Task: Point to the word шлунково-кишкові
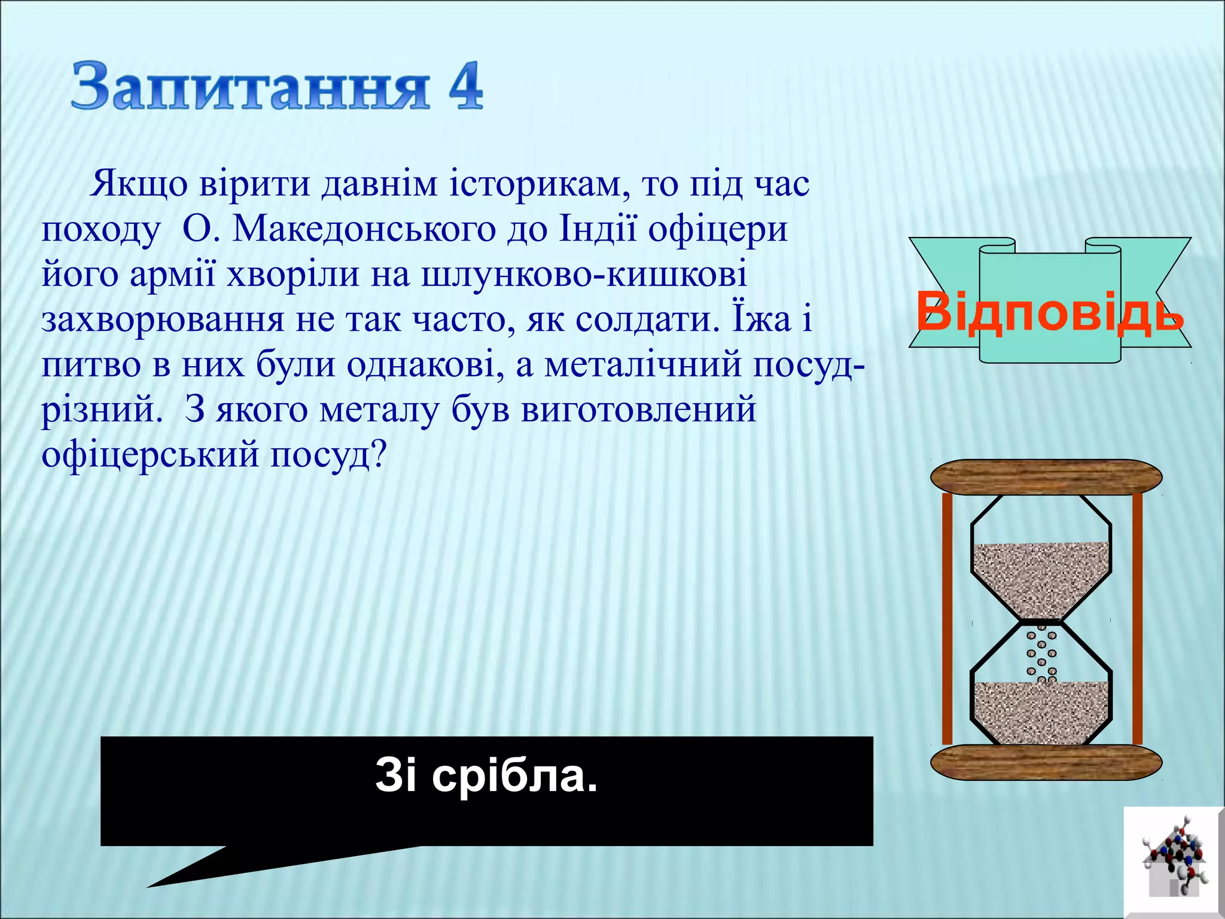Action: [584, 275]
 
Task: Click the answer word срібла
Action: [514, 776]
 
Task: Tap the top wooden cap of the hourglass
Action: [1046, 477]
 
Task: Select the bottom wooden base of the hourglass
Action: [1046, 762]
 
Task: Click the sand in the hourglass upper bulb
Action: [1041, 577]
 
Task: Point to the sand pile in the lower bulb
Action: [1041, 712]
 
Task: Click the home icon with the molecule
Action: [1173, 862]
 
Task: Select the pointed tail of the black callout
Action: [179, 877]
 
